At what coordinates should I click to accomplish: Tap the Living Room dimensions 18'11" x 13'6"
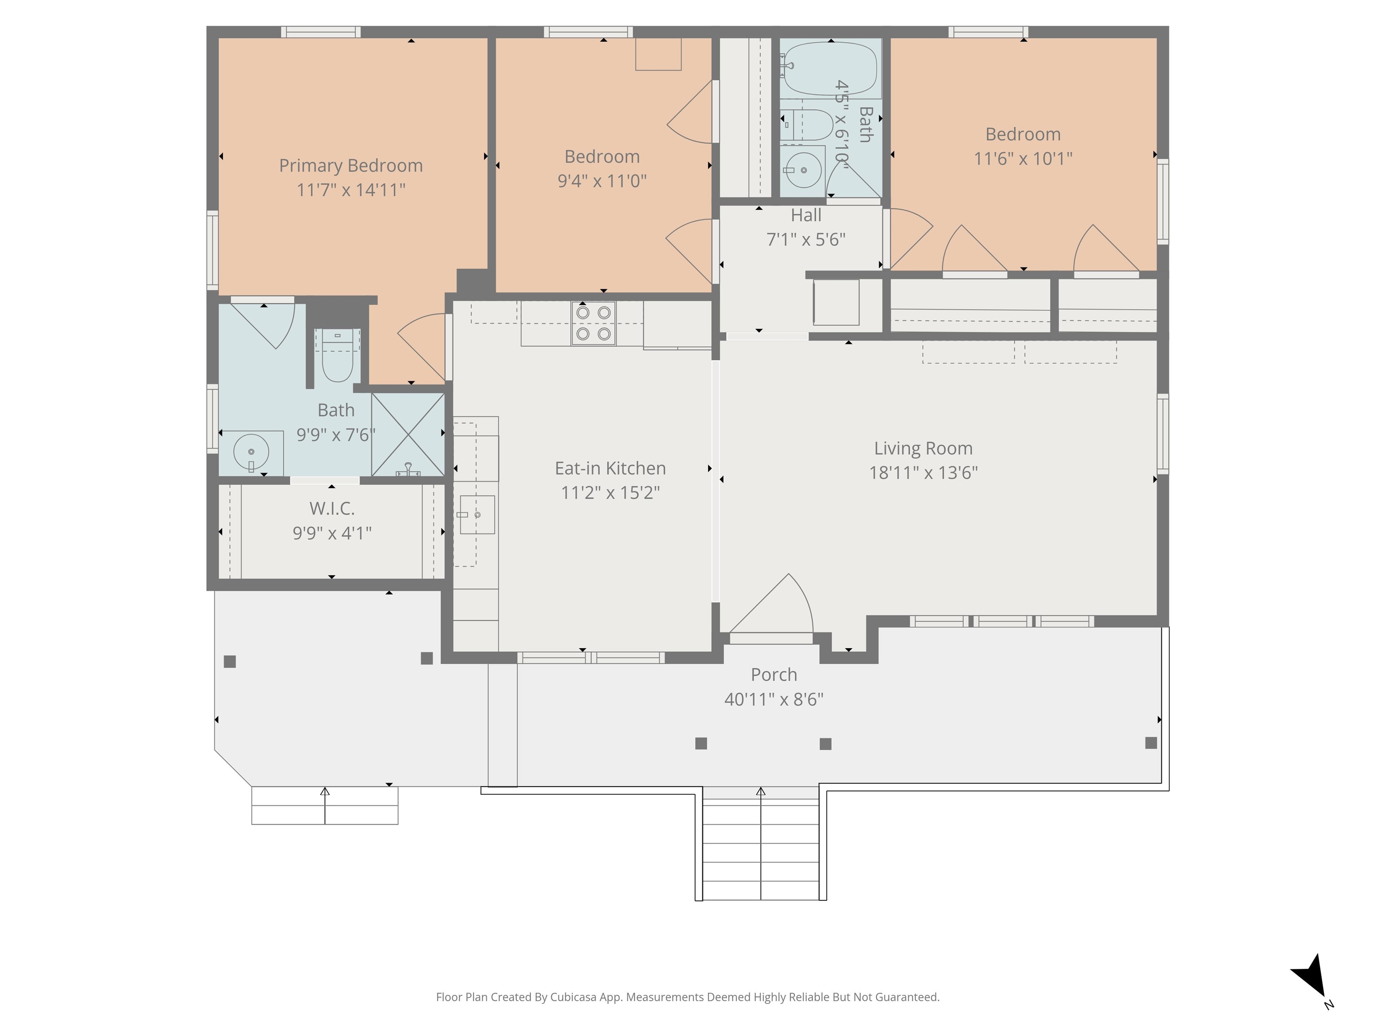[923, 473]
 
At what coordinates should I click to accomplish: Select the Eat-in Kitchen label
[610, 469]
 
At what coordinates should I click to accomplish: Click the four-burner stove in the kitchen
[593, 323]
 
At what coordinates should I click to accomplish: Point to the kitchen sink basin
[477, 515]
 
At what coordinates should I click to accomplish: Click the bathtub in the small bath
[830, 69]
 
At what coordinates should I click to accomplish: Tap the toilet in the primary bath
[338, 355]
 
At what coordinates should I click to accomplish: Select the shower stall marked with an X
[408, 434]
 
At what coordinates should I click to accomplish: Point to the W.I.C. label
[332, 509]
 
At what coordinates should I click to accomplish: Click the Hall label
[806, 215]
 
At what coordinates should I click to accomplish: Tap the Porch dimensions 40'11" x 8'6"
[774, 699]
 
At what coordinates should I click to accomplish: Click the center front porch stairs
[761, 843]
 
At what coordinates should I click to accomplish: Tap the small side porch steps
[325, 805]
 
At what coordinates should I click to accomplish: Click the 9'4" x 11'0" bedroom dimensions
[602, 181]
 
